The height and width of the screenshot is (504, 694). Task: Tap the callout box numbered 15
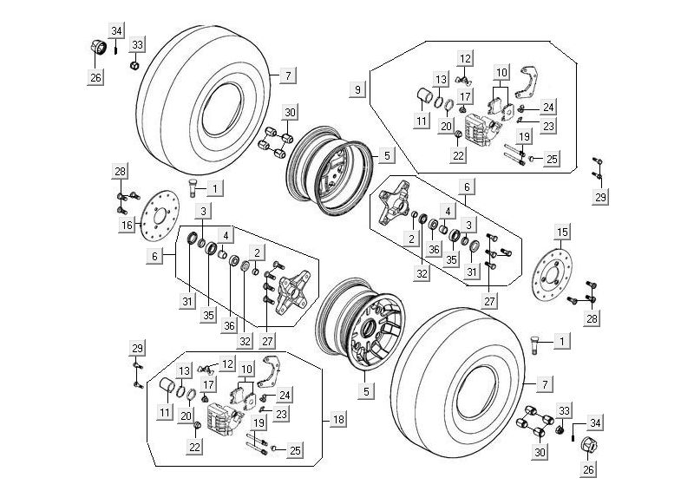[562, 232]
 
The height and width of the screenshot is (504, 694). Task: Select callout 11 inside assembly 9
[421, 121]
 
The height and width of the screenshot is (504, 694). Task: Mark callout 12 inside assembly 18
[227, 363]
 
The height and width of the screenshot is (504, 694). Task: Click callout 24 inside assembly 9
[548, 107]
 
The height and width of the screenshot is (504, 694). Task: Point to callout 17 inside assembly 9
[466, 95]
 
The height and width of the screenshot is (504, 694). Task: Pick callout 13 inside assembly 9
[441, 80]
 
